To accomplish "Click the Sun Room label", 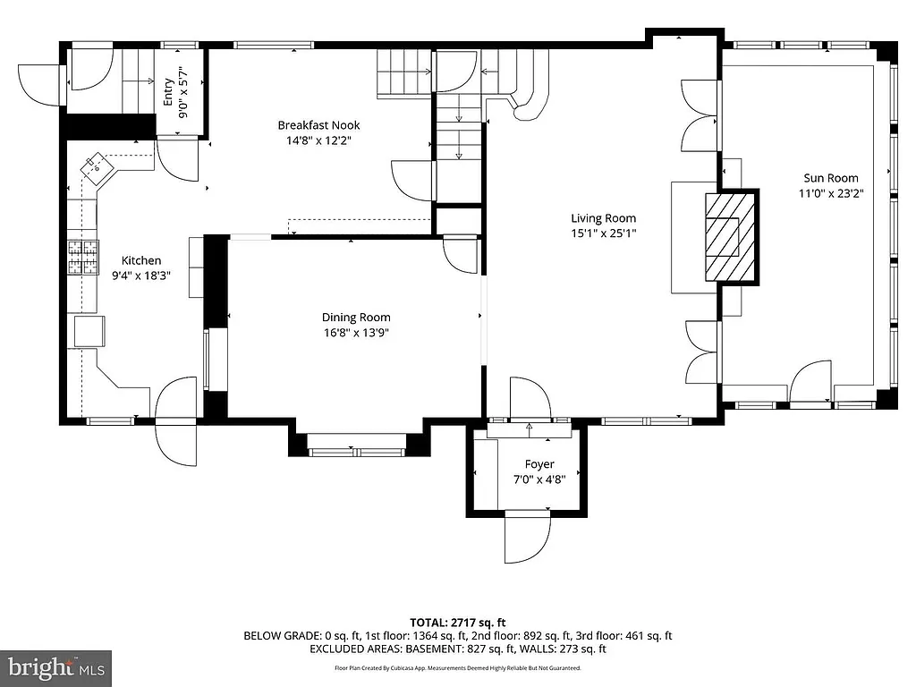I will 829,178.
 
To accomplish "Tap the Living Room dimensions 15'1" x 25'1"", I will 604,233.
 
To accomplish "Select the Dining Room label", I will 356,318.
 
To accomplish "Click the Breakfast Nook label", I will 318,125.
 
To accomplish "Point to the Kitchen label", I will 141,261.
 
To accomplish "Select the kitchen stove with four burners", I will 82,257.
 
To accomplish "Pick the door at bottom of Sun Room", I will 810,383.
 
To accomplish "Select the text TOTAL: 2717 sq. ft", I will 458,623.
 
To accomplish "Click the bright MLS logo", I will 55,667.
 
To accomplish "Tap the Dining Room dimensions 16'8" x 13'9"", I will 356,333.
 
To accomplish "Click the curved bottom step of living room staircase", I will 528,107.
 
